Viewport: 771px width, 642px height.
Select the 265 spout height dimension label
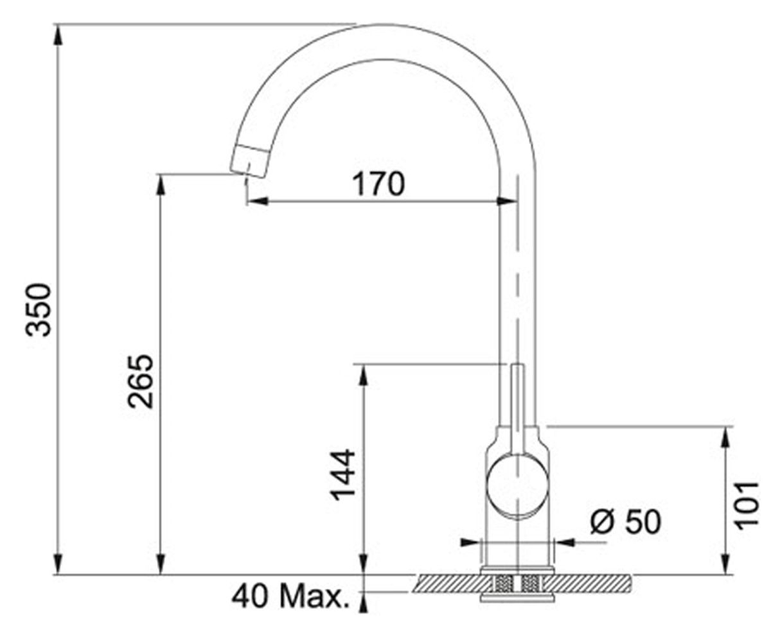click(x=140, y=382)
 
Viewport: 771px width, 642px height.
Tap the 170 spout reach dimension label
click(x=379, y=184)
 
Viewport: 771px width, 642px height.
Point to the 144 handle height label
click(x=342, y=475)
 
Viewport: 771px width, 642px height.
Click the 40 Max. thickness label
click(x=290, y=597)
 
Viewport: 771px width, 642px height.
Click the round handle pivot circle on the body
click(x=517, y=485)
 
